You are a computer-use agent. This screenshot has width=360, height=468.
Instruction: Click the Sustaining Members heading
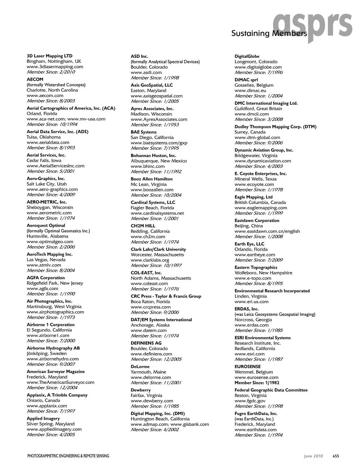click(268, 33)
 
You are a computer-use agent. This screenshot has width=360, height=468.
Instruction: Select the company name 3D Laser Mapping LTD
click(49, 56)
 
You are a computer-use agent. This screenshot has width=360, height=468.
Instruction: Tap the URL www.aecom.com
click(45, 95)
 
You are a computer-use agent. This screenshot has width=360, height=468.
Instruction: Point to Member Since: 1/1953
click(154, 125)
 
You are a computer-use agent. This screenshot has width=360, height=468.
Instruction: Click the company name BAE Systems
click(144, 132)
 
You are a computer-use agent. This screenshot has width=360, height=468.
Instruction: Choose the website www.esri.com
click(249, 354)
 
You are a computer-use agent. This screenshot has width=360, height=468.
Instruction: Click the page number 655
click(336, 456)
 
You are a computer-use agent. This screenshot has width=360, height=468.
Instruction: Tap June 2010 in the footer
click(313, 456)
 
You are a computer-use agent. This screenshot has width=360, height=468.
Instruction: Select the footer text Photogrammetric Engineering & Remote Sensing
click(68, 456)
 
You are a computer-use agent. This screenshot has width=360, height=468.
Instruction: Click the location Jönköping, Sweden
click(46, 353)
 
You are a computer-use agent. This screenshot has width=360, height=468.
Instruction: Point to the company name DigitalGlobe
click(247, 56)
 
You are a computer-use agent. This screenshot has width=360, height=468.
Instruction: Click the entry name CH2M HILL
click(143, 226)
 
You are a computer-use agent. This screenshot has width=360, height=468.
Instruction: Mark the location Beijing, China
click(249, 226)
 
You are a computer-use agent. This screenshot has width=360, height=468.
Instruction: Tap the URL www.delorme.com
click(151, 377)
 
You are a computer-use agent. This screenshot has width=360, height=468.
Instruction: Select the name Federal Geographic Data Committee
click(271, 390)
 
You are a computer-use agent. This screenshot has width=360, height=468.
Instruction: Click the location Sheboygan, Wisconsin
click(50, 207)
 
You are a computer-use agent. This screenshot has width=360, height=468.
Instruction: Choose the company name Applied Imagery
click(43, 418)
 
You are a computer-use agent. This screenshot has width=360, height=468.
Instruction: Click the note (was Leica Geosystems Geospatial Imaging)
click(275, 315)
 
